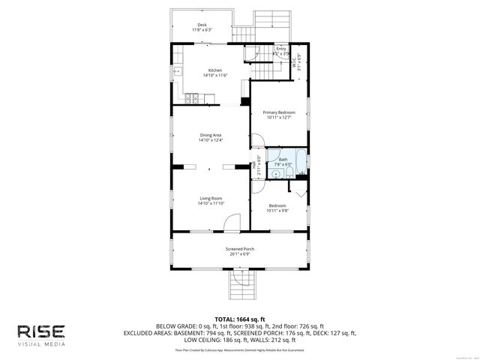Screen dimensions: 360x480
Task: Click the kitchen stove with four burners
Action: click(190, 97)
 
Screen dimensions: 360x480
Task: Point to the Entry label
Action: click(280, 49)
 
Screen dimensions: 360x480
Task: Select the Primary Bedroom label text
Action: click(279, 112)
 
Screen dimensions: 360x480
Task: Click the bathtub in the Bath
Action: click(300, 160)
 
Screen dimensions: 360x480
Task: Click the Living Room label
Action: click(210, 198)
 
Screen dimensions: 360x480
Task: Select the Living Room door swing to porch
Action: click(233, 222)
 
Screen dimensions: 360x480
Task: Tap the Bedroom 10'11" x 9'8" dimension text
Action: click(277, 211)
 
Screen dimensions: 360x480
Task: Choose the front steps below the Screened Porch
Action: click(240, 284)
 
